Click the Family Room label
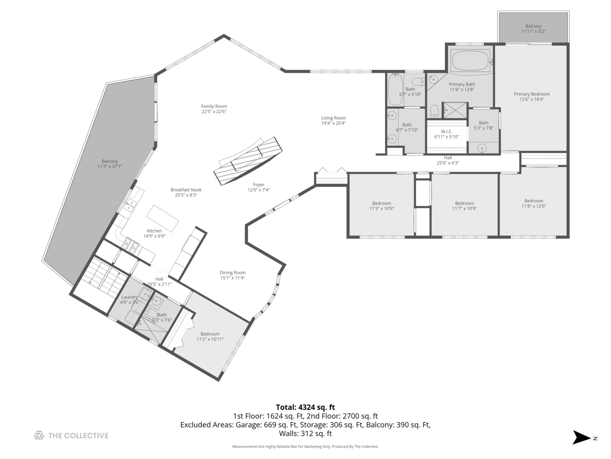tap(214, 107)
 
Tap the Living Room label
tap(333, 118)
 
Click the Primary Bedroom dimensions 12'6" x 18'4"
tap(532, 99)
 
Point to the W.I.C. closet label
tap(446, 132)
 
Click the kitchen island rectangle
tap(163, 217)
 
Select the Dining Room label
tap(233, 273)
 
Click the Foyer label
tap(258, 185)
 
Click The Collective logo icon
tap(39, 435)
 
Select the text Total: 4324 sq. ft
tap(305, 407)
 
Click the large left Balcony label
tap(109, 161)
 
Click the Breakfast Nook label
tap(186, 190)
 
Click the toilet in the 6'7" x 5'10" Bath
tap(418, 82)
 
